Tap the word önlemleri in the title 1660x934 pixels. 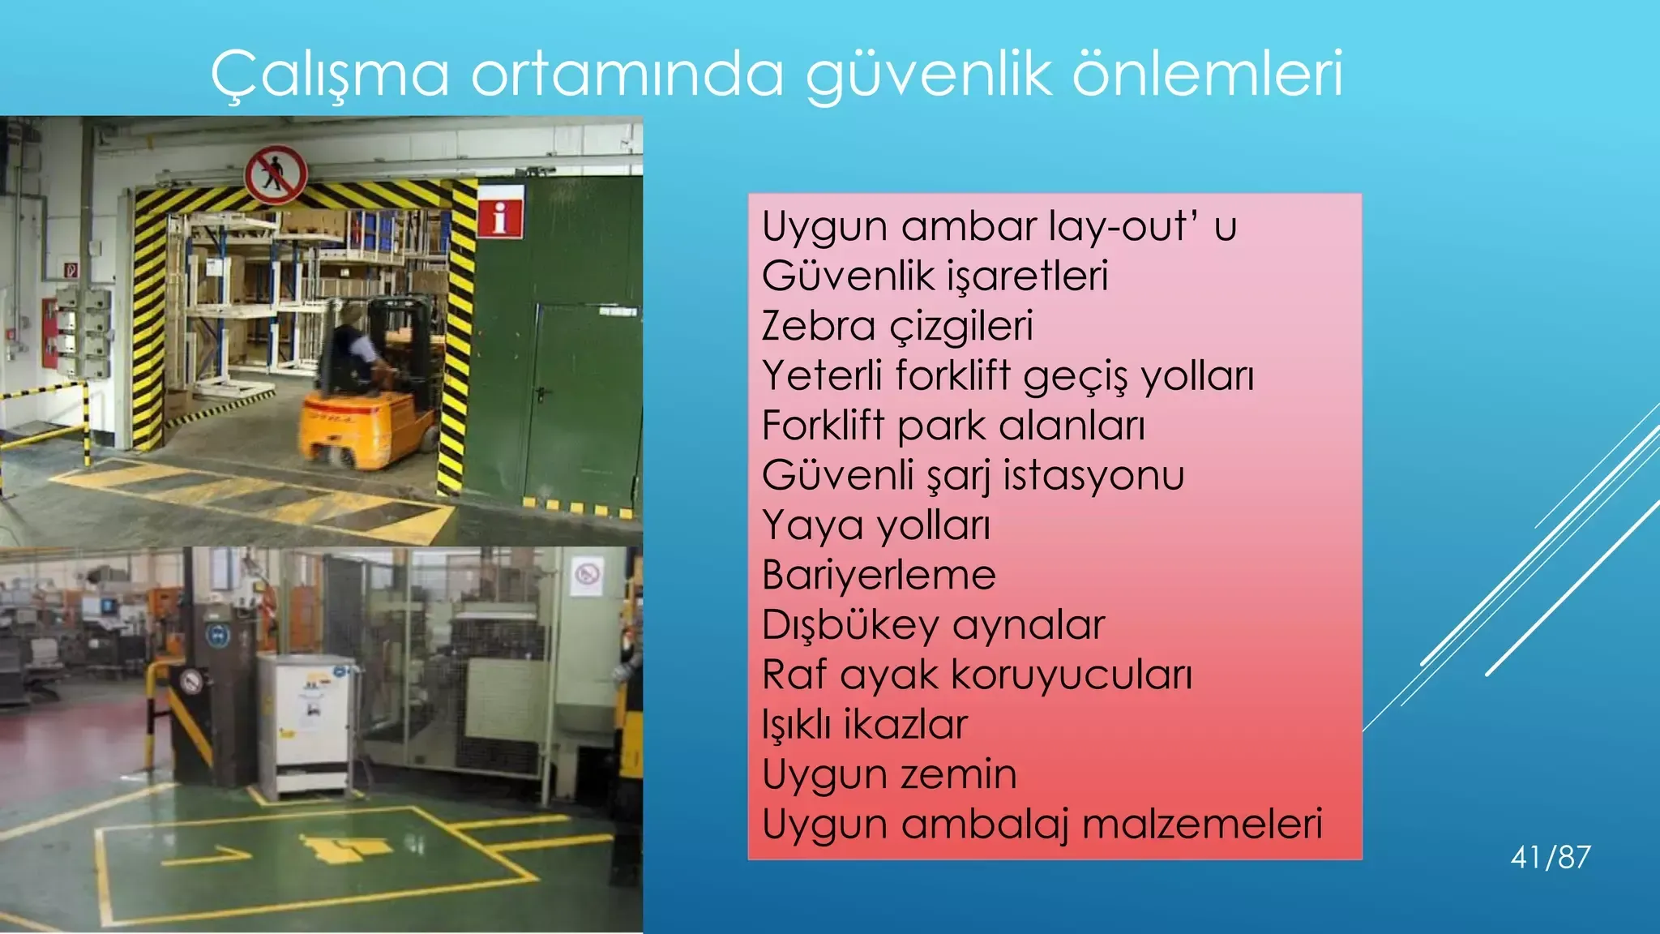pos(1209,73)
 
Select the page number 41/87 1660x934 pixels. pos(1551,857)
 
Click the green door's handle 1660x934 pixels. pos(541,394)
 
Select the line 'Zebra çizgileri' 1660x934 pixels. pos(897,326)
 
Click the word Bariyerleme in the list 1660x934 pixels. pos(879,575)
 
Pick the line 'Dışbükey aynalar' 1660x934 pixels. pos(933,625)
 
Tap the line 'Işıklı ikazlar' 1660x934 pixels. pos(865,725)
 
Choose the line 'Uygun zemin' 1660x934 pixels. pos(889,774)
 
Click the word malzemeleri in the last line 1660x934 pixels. pos(1202,824)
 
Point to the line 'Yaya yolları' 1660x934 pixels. pos(876,525)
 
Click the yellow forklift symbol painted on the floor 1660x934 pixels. pos(344,848)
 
